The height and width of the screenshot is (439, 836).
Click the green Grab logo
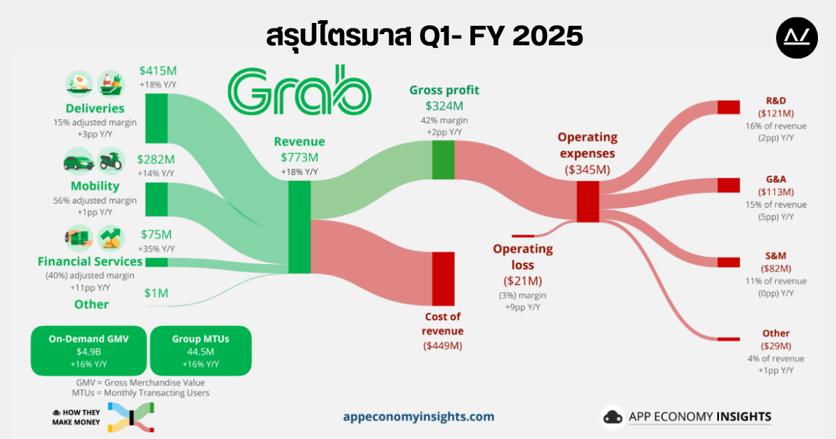pos(300,90)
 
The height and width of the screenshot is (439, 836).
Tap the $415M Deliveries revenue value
pos(158,70)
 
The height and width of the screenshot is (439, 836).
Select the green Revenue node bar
pos(300,227)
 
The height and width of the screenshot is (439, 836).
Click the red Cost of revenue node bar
pos(443,279)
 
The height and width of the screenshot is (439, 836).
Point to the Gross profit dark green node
pos(443,160)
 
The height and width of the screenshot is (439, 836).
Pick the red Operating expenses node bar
pos(588,201)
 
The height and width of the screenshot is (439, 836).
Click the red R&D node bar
pos(729,107)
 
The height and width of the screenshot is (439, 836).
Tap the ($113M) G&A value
pos(776,192)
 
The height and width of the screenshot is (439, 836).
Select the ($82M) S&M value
pos(776,268)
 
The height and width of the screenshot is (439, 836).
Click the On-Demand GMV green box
pos(88,351)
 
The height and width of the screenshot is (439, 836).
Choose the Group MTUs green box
pos(201,351)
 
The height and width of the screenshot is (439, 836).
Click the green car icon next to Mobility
pos(79,161)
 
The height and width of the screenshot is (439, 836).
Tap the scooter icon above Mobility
pos(111,161)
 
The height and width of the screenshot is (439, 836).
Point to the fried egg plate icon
pos(79,84)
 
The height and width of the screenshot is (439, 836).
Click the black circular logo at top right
pos(797,38)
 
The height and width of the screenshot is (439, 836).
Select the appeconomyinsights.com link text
pos(419,417)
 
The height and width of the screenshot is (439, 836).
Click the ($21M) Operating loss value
pos(522,281)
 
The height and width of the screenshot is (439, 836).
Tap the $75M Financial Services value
pos(156,234)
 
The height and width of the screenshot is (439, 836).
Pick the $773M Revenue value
pos(300,157)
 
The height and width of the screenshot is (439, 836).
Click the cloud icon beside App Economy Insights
pos(613,417)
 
